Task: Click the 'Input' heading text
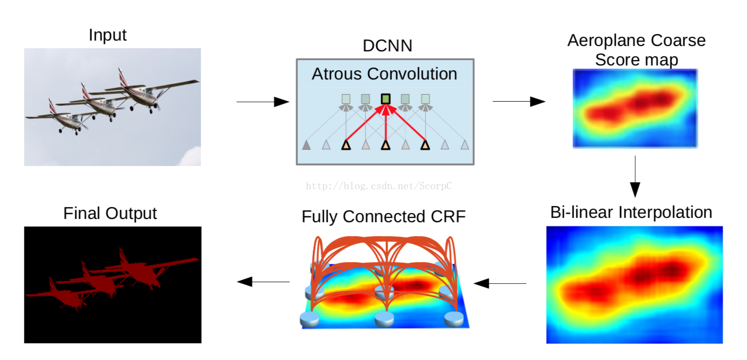coord(108,35)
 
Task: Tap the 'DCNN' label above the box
coord(387,46)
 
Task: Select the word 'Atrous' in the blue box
coord(337,74)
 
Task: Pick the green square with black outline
coord(385,99)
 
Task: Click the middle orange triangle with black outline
coord(385,145)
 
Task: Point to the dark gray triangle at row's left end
coord(306,145)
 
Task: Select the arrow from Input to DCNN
coord(263,102)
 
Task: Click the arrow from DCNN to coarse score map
coord(519,102)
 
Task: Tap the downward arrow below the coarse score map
coord(635,177)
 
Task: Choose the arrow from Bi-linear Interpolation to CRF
coord(500,284)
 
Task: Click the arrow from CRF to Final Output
coord(263,282)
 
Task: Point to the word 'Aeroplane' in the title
coord(606,41)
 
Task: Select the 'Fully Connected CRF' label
coord(384,217)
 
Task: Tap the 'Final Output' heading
coord(110,214)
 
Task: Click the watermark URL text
coord(379,186)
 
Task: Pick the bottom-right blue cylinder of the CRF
coord(454,319)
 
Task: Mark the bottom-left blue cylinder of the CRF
coord(310,319)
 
